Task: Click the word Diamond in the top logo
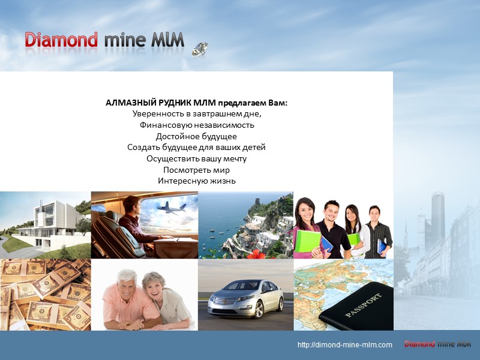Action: (61, 41)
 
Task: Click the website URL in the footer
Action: (345, 344)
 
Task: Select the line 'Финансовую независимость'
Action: (197, 125)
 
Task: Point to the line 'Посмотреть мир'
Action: (197, 169)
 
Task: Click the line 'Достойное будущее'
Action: (197, 136)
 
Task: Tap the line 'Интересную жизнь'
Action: (197, 181)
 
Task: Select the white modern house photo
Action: (45, 224)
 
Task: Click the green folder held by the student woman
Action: (307, 241)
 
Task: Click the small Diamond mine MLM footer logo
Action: (437, 344)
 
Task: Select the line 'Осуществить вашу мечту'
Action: (197, 158)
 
